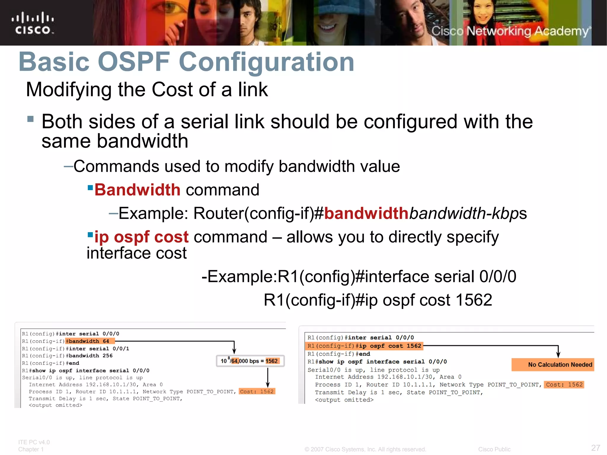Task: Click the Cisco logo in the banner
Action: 33,23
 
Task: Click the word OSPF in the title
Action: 134,62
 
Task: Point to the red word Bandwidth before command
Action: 137,190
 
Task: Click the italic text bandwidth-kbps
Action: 468,213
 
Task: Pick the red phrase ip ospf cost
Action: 141,237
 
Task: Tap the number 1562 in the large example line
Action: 474,300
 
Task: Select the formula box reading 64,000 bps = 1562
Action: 250,361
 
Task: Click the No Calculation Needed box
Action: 553,365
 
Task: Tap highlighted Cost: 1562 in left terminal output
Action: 257,392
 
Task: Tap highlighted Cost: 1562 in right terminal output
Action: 564,385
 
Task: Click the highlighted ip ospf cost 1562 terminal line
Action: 364,346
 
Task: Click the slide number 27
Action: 595,448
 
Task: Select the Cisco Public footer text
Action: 494,449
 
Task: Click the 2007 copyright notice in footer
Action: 365,449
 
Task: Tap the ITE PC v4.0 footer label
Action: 34,442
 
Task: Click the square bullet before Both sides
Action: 30,119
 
